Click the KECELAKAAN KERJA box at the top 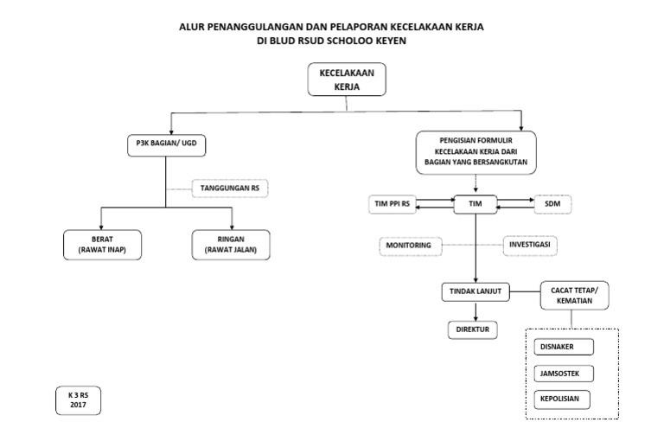click(x=347, y=80)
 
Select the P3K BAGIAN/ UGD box click(x=166, y=145)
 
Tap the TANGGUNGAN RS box click(x=230, y=188)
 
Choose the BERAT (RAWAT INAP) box click(x=103, y=245)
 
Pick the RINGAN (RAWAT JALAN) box click(x=231, y=245)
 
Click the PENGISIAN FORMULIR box click(x=476, y=152)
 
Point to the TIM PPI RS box click(x=393, y=204)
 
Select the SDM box click(x=552, y=204)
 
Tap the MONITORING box click(x=410, y=246)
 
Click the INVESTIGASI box click(x=530, y=246)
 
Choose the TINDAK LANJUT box click(x=476, y=291)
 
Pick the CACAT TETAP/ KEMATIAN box click(x=575, y=296)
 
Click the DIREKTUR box click(x=473, y=330)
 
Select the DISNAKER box click(x=564, y=347)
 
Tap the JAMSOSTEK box click(x=564, y=374)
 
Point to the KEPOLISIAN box click(x=562, y=400)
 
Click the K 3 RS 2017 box click(x=79, y=400)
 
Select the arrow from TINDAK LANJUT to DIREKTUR click(x=476, y=311)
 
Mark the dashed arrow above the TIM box click(x=476, y=185)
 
